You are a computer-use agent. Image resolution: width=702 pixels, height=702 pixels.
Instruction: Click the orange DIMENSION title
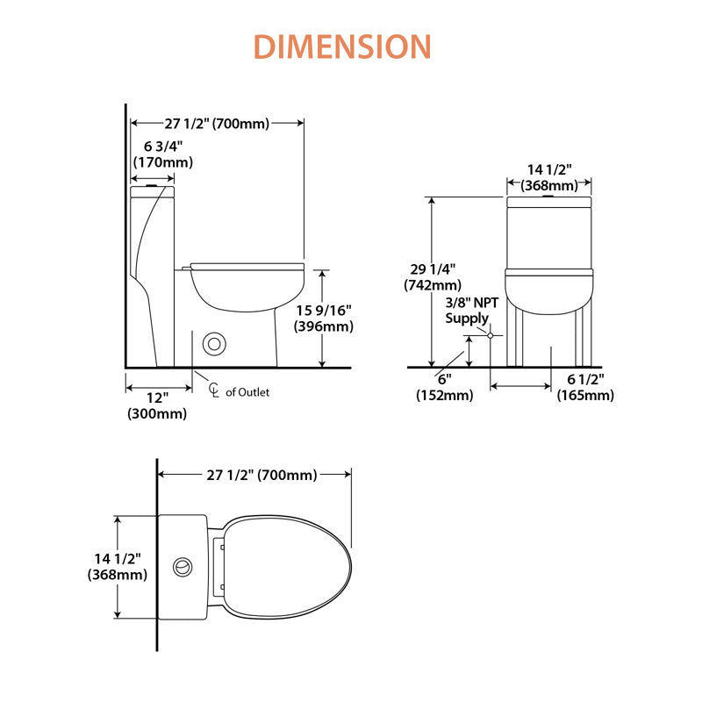coord(342,47)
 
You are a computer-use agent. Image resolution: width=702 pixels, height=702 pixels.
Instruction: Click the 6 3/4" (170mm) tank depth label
coord(163,154)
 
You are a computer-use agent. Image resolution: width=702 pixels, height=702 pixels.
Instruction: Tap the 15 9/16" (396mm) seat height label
coord(324,318)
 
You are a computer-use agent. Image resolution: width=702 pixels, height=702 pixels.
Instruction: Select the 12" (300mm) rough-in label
coord(157,405)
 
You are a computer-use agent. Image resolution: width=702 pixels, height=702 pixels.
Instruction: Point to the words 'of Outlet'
coord(247,392)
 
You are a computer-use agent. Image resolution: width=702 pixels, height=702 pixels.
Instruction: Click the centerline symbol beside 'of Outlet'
coord(214,390)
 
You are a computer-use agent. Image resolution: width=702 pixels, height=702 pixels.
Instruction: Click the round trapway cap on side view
coord(214,344)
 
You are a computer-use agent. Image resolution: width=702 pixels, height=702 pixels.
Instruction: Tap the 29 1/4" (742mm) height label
coord(433,277)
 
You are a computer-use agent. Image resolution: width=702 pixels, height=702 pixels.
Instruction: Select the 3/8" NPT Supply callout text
coord(471,311)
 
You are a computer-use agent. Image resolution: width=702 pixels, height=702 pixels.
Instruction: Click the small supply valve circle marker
coord(491,335)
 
